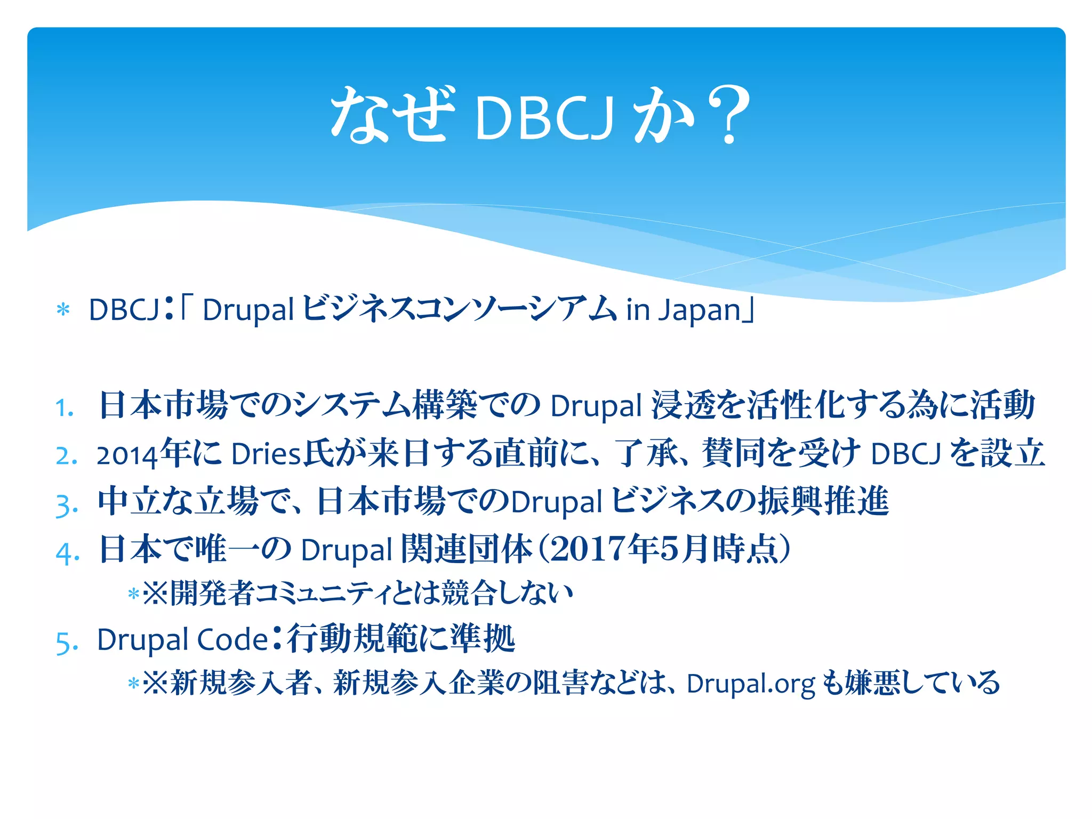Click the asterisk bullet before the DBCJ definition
(x=63, y=310)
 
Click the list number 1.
(x=65, y=408)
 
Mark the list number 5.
(x=67, y=643)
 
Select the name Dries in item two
(x=266, y=455)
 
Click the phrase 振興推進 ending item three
(x=824, y=501)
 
